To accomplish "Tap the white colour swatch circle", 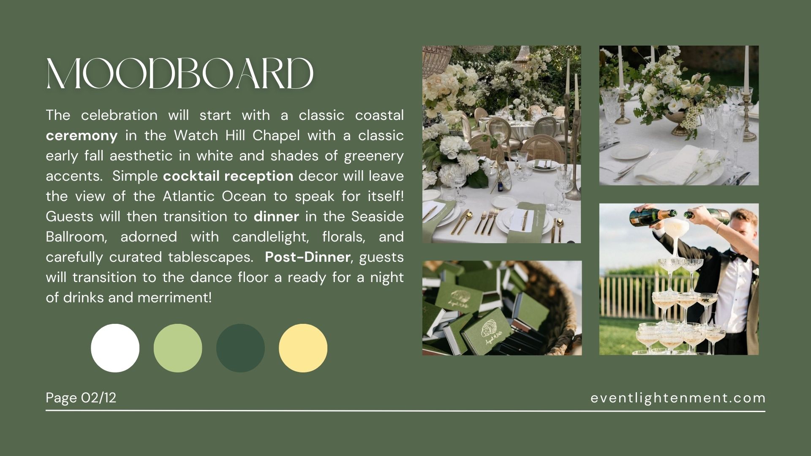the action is [x=115, y=348].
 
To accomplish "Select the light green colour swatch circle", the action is [x=178, y=348].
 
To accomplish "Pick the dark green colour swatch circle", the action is [x=240, y=348].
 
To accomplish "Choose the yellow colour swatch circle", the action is [x=303, y=348].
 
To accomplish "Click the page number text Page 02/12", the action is [x=81, y=398].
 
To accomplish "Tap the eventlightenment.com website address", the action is [x=678, y=398].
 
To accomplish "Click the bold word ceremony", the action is [x=82, y=136].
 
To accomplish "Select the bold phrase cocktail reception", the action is [x=228, y=176].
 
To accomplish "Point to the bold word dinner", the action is [x=276, y=217].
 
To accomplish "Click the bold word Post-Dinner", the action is [x=308, y=257].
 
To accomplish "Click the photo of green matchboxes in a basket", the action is [x=502, y=308].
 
